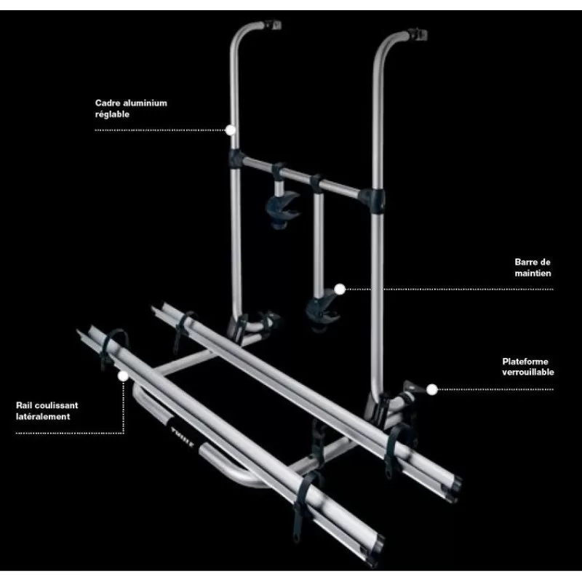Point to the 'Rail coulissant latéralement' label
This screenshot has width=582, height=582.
(x=47, y=411)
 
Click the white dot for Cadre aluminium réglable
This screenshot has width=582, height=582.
(x=231, y=131)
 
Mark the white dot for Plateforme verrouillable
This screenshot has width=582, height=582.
(x=432, y=389)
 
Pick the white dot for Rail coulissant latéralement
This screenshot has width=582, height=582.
(x=122, y=376)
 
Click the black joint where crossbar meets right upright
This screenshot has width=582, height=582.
(x=372, y=196)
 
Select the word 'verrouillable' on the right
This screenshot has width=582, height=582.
(x=528, y=372)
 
